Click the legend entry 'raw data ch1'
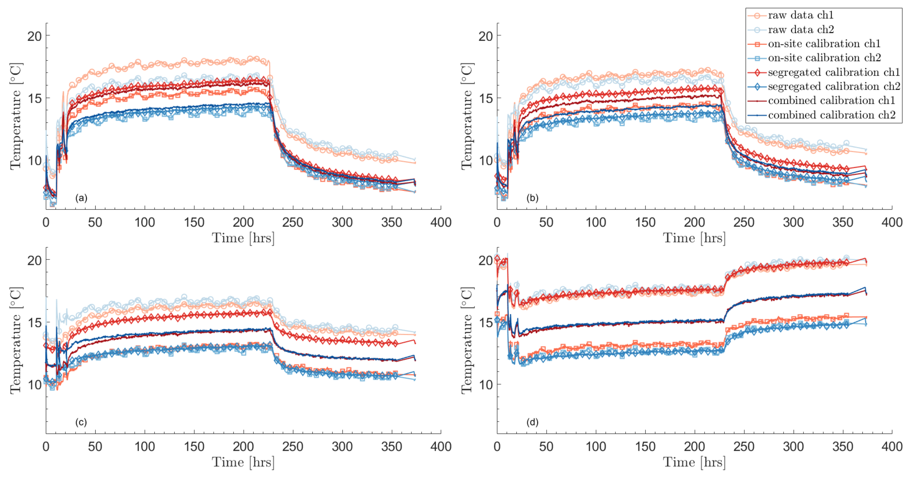801,15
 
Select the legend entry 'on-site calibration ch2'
824,58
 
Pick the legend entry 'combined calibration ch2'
831,115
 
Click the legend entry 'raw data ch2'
801,29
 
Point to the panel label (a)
81,198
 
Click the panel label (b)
532,198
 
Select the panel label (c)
81,422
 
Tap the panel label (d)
532,422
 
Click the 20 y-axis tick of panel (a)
34,36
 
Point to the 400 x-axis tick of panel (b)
892,222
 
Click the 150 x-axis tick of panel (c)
194,447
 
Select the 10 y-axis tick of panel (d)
485,385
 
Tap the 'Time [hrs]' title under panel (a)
243,238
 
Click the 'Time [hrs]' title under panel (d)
694,462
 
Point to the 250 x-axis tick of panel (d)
744,447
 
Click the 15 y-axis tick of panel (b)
485,98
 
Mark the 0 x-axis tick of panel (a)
46,222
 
